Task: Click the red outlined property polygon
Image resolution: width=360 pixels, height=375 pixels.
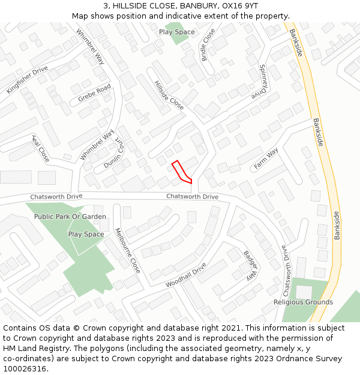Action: click(181, 172)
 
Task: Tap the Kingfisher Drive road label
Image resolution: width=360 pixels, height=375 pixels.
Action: click(27, 80)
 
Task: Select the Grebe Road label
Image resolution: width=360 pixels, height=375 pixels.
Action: click(95, 93)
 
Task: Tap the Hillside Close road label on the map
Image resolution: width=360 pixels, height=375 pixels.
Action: click(169, 95)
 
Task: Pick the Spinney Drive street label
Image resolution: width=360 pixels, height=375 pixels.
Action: click(259, 82)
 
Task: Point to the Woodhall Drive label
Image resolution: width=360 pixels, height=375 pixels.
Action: click(186, 275)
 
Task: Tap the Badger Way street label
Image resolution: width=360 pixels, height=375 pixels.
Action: click(250, 265)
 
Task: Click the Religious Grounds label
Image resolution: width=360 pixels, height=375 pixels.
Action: click(303, 302)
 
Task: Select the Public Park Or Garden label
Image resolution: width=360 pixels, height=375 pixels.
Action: click(70, 217)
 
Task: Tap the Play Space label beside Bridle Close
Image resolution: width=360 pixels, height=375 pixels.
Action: click(177, 32)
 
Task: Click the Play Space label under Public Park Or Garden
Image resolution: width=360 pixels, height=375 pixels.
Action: click(86, 234)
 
